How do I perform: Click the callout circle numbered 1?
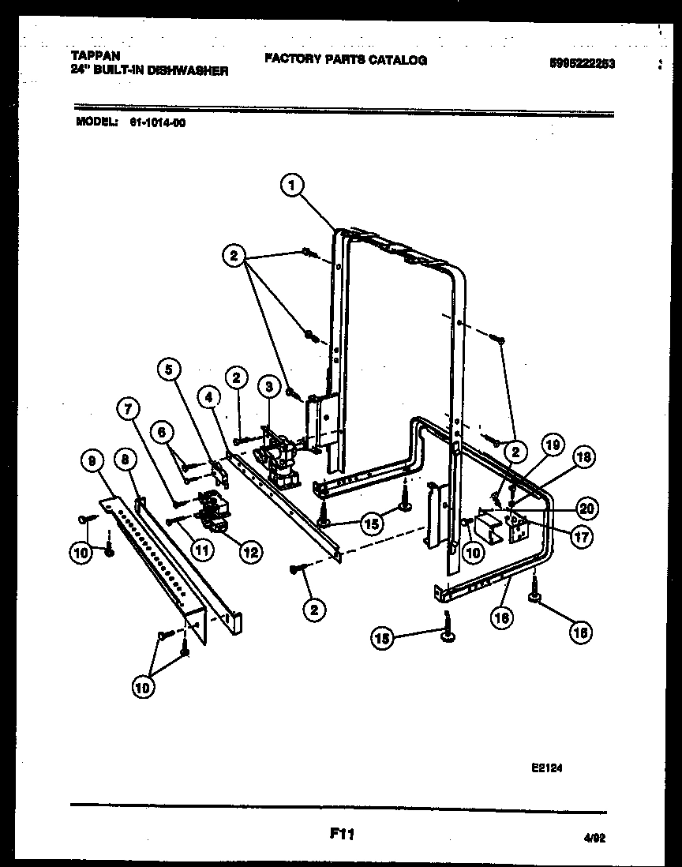point(292,186)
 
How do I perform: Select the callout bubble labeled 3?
point(269,386)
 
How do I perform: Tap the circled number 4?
point(208,397)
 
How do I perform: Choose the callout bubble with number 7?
point(127,408)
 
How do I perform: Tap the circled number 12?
point(250,553)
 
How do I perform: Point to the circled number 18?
point(585,456)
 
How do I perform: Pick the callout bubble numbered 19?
point(552,445)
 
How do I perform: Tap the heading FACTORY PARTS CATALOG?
point(345,59)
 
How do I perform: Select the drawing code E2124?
point(547,765)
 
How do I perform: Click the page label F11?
point(339,831)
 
